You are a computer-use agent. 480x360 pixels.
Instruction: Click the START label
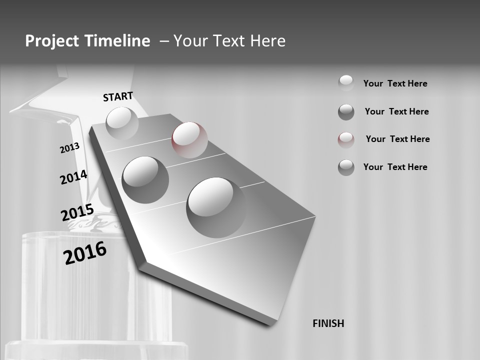118,96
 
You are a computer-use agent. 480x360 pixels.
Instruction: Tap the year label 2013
69,148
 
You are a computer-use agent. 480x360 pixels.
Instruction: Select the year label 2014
73,177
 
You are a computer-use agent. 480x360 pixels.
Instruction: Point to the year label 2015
77,212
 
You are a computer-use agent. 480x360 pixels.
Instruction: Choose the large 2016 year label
85,253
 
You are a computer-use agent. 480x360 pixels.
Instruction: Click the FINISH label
328,323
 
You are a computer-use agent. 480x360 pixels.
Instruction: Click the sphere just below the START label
122,123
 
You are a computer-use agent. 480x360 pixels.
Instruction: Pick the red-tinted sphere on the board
189,139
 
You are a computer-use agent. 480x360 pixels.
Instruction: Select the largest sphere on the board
216,207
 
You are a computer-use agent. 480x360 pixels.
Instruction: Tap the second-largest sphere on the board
145,179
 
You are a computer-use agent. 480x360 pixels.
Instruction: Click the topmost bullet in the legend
346,82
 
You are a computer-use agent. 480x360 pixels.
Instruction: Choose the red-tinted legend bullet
346,140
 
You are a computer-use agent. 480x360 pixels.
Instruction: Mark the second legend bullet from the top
346,112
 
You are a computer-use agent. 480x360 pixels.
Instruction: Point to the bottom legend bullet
346,167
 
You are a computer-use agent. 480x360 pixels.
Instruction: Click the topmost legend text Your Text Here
395,83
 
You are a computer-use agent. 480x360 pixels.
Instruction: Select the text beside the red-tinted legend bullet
397,139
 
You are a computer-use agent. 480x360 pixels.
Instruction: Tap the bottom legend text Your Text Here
395,167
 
